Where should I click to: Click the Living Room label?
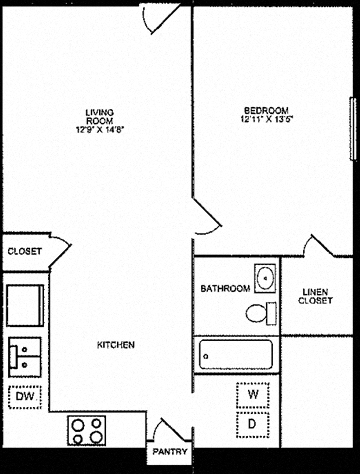pyautogui.click(x=100, y=117)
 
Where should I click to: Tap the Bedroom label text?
pyautogui.click(x=266, y=110)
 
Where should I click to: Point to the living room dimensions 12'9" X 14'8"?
pyautogui.click(x=100, y=129)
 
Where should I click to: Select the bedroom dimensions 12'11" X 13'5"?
pyautogui.click(x=266, y=119)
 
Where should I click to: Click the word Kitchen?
pyautogui.click(x=116, y=345)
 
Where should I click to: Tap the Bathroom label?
pyautogui.click(x=225, y=288)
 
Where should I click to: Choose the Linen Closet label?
pyautogui.click(x=315, y=296)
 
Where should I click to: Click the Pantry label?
pyautogui.click(x=170, y=452)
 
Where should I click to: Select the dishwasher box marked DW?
pyautogui.click(x=25, y=397)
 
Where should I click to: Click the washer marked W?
pyautogui.click(x=253, y=395)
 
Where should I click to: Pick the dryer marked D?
pyautogui.click(x=253, y=425)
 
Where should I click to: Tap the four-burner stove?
pyautogui.click(x=87, y=430)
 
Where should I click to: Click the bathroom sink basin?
pyautogui.click(x=265, y=278)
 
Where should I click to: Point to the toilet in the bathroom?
pyautogui.click(x=261, y=313)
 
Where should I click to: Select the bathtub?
pyautogui.click(x=236, y=354)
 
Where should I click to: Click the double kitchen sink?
pyautogui.click(x=25, y=357)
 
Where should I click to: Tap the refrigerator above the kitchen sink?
pyautogui.click(x=25, y=305)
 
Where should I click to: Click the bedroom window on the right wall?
pyautogui.click(x=353, y=129)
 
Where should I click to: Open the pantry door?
pyautogui.click(x=172, y=430)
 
